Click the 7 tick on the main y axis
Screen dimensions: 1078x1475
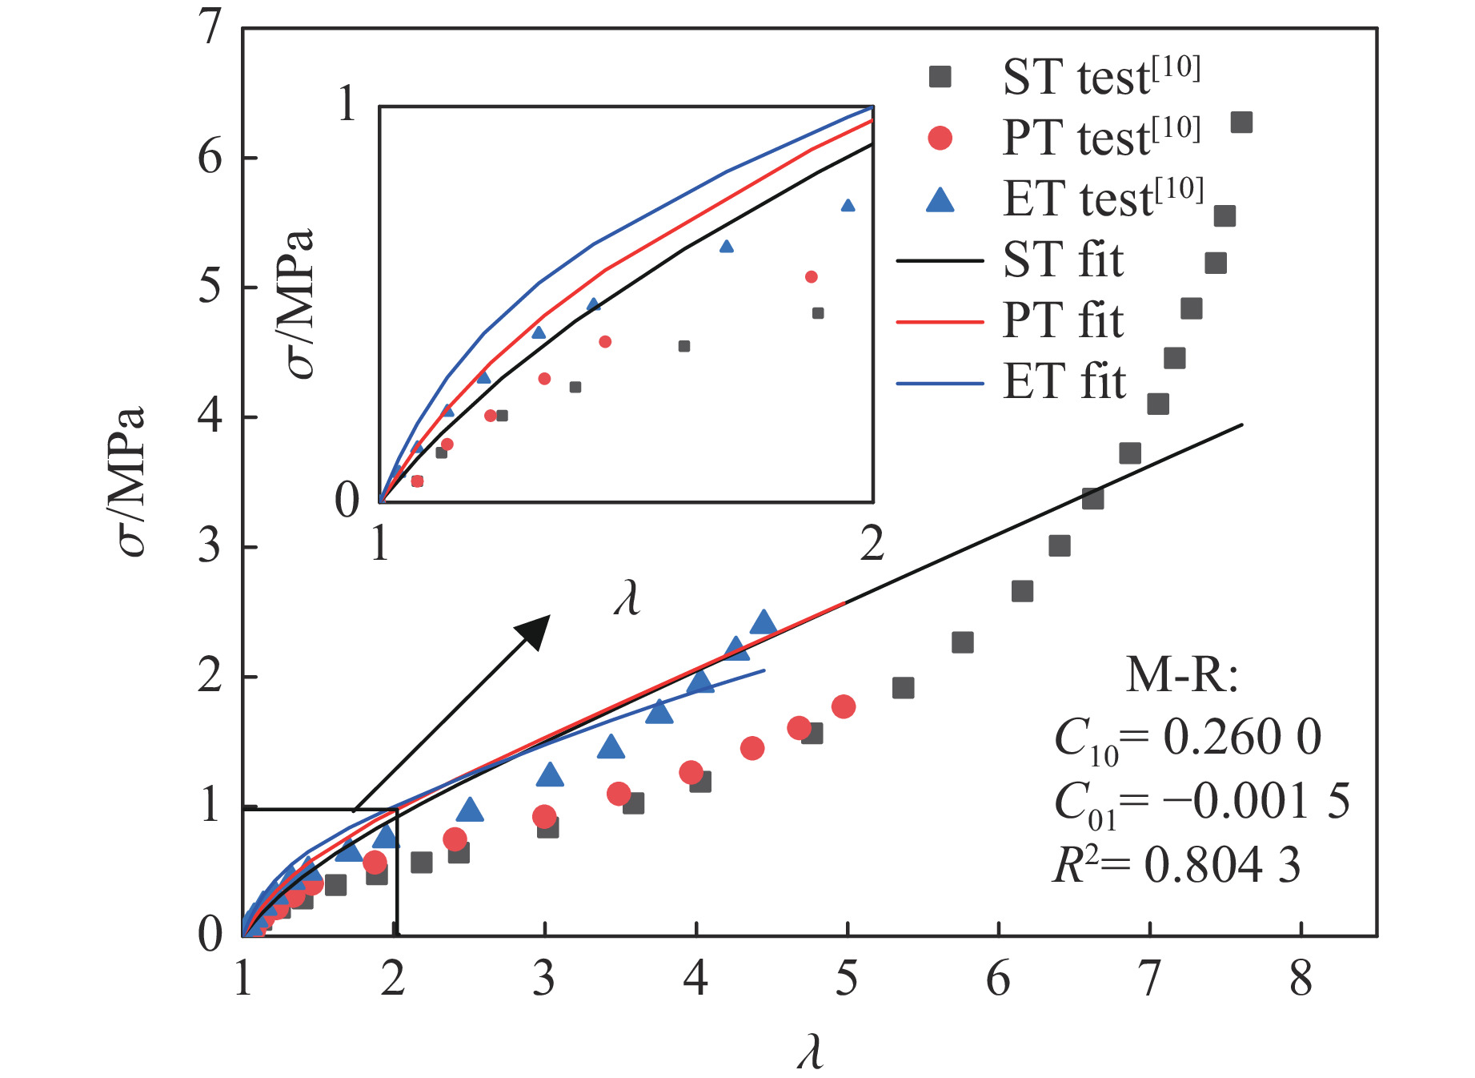click(x=210, y=29)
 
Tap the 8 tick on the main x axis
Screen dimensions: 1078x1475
click(x=1301, y=979)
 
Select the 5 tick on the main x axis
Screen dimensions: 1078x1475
click(x=847, y=979)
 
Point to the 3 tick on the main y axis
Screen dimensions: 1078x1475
click(x=210, y=547)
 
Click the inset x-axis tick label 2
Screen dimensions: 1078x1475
click(x=872, y=545)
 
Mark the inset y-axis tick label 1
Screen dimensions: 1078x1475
click(x=347, y=105)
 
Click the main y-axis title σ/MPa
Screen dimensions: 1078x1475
click(x=128, y=481)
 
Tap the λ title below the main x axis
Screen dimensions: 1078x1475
click(x=810, y=1051)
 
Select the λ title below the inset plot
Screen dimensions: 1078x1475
click(x=627, y=597)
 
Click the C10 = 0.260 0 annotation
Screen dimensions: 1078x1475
click(x=1188, y=738)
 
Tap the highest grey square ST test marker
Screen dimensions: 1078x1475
click(x=1241, y=123)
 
